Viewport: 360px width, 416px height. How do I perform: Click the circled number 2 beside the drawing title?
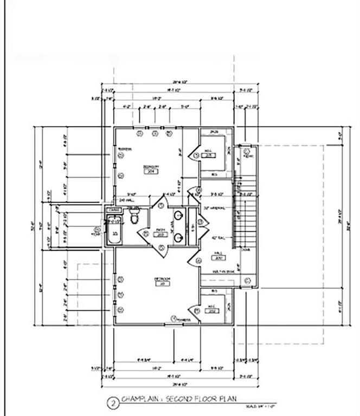point(112,402)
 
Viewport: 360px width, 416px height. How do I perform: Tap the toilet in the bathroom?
point(134,216)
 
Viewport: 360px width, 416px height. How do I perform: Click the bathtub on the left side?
point(114,230)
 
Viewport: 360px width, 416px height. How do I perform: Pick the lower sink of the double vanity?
point(178,236)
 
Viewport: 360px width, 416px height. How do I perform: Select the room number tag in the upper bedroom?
point(150,171)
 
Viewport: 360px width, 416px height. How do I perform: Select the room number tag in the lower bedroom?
point(163,284)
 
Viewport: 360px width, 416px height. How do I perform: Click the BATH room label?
point(160,230)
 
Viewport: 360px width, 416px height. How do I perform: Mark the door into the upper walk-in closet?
point(194,155)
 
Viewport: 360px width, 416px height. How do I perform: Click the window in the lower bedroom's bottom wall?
point(173,324)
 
